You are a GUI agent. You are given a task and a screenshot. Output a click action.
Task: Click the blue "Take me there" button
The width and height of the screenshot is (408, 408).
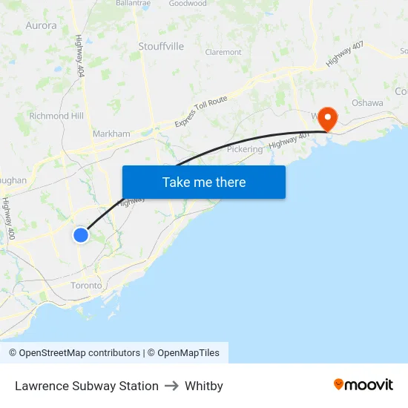pyautogui.click(x=204, y=182)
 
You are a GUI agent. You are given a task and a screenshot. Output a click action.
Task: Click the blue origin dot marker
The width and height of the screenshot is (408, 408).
pyautogui.click(x=81, y=234)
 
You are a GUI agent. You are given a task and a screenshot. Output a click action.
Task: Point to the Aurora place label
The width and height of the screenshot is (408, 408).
pyautogui.click(x=41, y=25)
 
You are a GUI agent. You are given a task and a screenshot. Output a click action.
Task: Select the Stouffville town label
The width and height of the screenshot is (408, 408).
pyautogui.click(x=161, y=46)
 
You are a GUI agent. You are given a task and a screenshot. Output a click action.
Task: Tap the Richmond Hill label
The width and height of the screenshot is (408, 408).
pyautogui.click(x=56, y=116)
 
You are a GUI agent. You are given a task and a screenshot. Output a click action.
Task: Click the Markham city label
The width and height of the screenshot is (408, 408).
pyautogui.click(x=111, y=134)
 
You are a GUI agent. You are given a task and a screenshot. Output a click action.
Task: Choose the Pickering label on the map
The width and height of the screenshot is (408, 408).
pyautogui.click(x=245, y=149)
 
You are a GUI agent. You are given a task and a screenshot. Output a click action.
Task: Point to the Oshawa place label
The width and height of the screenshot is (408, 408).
pyautogui.click(x=367, y=103)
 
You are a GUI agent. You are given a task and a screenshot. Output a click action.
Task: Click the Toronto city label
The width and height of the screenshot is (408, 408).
pyautogui.click(x=86, y=286)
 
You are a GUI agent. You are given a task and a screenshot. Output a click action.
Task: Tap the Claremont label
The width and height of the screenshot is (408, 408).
pyautogui.click(x=223, y=53)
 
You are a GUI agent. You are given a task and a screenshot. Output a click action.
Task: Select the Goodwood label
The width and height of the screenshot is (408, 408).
pyautogui.click(x=188, y=4)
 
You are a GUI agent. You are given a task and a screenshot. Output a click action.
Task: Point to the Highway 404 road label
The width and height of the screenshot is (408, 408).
pyautogui.click(x=79, y=56)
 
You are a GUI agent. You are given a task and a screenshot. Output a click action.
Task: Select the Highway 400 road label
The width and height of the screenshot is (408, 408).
pyautogui.click(x=9, y=218)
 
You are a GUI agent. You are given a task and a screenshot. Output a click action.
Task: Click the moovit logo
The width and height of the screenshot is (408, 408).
pyautogui.click(x=363, y=385)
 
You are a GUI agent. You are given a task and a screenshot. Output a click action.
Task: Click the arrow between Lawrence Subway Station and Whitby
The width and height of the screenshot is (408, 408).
pyautogui.click(x=171, y=386)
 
